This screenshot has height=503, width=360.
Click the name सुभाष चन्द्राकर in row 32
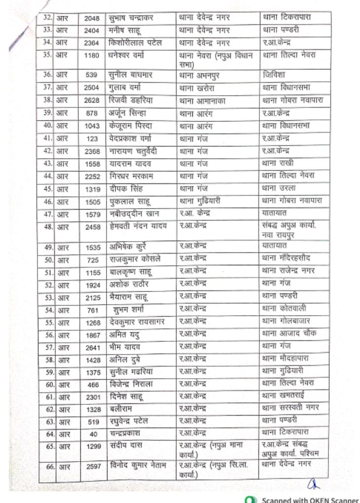click(131, 18)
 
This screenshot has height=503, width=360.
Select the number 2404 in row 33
click(92, 31)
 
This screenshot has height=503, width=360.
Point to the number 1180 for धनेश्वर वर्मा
click(92, 55)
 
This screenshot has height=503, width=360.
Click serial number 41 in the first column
click(48, 139)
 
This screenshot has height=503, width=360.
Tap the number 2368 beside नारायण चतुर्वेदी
click(92, 151)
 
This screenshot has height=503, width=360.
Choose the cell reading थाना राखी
click(278, 163)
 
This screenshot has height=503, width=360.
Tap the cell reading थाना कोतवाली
click(285, 309)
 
